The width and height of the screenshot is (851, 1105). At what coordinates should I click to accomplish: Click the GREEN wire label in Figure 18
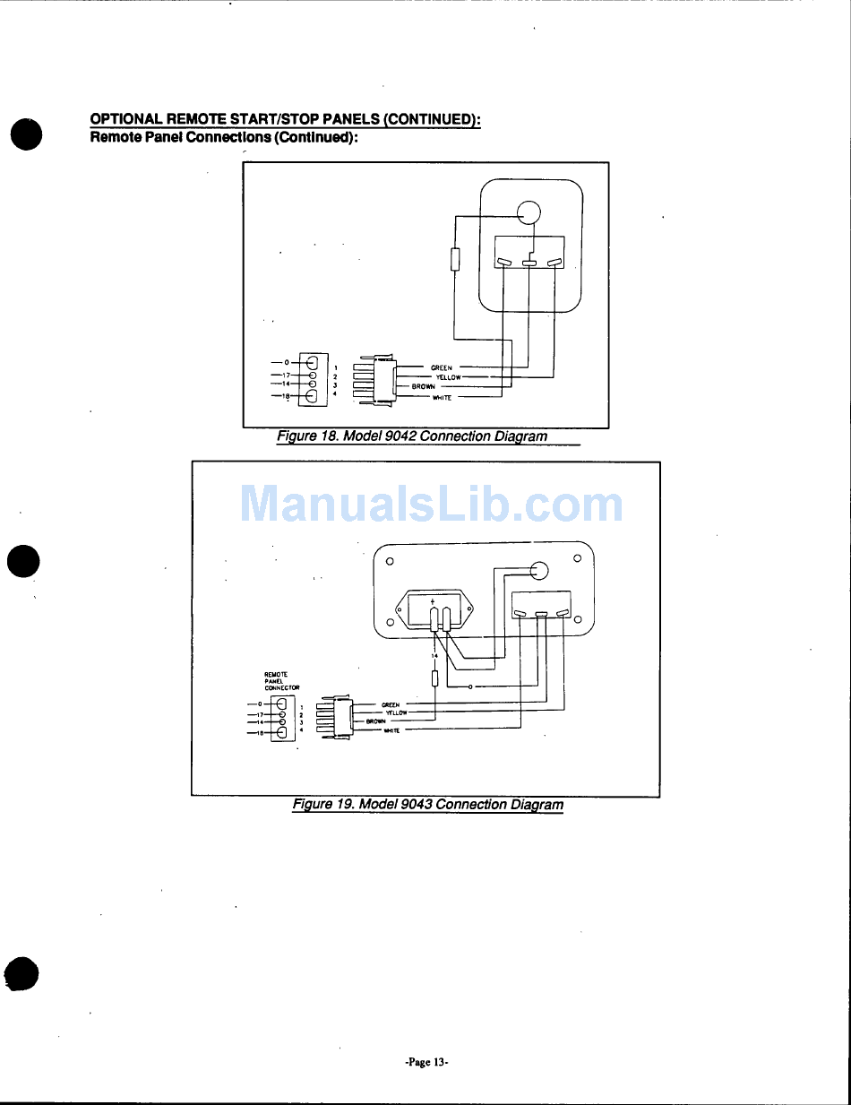[x=442, y=367]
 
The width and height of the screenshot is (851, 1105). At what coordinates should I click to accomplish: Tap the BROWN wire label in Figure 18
[x=424, y=386]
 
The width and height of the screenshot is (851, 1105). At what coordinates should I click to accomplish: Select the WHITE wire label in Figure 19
[x=391, y=730]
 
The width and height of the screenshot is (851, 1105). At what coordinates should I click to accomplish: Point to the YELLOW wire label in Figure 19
[x=397, y=713]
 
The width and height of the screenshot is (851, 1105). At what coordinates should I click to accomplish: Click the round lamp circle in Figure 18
[x=529, y=212]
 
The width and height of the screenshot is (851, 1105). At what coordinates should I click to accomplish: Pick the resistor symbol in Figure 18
[x=454, y=259]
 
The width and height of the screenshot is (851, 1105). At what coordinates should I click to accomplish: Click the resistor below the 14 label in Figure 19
[x=434, y=678]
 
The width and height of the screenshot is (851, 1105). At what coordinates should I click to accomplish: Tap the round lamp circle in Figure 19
[x=540, y=571]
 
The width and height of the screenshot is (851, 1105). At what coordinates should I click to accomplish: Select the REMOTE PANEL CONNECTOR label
[x=281, y=680]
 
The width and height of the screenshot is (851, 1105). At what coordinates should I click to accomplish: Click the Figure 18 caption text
[x=411, y=436]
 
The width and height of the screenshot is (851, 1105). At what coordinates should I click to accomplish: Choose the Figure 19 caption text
[x=428, y=804]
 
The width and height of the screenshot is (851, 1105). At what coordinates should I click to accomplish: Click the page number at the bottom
[x=426, y=1062]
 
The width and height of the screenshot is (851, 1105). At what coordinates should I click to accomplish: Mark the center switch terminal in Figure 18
[x=529, y=263]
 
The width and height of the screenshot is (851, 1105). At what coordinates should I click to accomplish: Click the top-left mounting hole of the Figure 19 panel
[x=390, y=562]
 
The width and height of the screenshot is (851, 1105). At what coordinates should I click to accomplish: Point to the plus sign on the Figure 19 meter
[x=434, y=600]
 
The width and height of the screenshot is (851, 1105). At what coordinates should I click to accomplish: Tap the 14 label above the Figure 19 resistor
[x=434, y=656]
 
